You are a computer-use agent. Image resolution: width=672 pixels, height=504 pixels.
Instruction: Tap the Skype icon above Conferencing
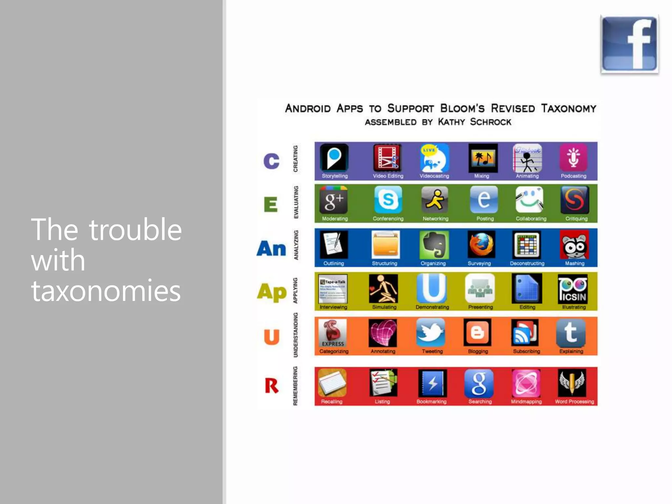coord(388,199)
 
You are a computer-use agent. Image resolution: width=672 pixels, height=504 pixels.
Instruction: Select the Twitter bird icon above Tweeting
coord(430,332)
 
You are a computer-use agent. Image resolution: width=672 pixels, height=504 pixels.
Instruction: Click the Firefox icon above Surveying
coord(481,245)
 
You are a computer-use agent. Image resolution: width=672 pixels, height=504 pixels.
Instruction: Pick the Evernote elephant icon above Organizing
coord(434,245)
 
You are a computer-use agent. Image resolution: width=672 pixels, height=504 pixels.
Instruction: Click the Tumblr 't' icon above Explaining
coord(571,332)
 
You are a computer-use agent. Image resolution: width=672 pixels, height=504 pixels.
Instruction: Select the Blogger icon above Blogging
coord(477,332)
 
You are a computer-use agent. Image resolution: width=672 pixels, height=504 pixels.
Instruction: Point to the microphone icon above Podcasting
coord(573,157)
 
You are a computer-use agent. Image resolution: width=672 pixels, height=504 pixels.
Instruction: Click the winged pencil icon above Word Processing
coord(572,383)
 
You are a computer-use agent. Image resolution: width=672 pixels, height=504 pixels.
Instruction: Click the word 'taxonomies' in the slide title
coord(106,291)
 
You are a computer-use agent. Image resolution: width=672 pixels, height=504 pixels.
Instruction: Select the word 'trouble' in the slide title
coord(135,230)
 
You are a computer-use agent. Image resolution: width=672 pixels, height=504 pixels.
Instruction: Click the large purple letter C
coord(271,161)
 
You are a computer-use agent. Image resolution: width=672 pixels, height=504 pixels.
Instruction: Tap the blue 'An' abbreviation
coord(271,248)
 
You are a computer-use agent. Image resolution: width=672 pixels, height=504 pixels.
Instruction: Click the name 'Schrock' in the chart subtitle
coord(490,122)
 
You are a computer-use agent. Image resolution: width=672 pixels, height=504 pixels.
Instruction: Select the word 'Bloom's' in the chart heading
coord(462,108)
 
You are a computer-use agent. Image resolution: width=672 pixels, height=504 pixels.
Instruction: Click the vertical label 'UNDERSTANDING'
coord(296,335)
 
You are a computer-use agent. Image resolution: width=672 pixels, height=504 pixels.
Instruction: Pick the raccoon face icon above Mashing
coord(574,245)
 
